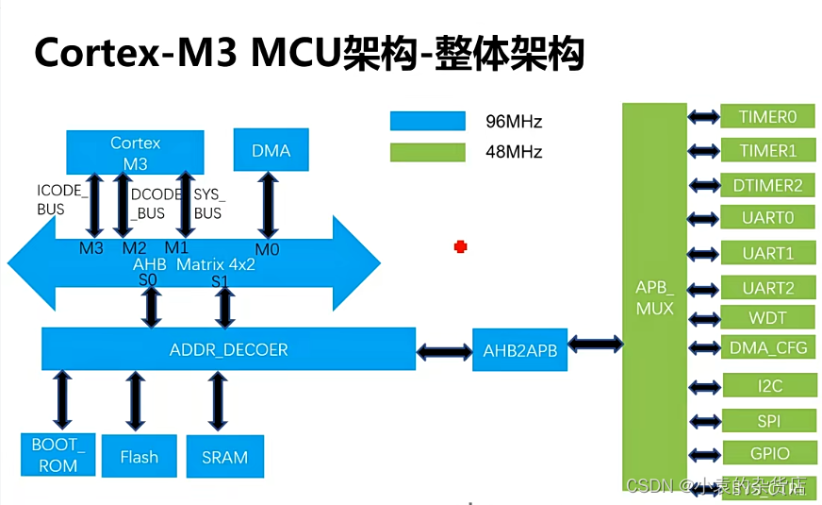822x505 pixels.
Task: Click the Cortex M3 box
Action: (135, 152)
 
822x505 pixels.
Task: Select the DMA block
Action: (271, 151)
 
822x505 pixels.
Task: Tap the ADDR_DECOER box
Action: (228, 349)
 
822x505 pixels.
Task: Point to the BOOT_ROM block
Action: (58, 455)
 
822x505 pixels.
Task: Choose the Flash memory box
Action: (139, 457)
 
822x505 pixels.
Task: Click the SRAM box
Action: (224, 457)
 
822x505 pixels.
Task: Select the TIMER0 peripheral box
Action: (767, 117)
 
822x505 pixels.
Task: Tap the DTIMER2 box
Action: (767, 185)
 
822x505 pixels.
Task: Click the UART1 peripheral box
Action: (767, 253)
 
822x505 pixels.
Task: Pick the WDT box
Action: (767, 317)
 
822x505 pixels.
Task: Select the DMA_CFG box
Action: (767, 347)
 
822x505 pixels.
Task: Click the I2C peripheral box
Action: (767, 386)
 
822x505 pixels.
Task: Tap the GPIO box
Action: (767, 453)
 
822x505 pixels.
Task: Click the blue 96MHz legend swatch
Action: (428, 121)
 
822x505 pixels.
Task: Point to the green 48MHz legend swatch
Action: (428, 152)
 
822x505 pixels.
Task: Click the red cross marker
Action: (460, 246)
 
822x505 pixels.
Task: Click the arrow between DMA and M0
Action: (270, 204)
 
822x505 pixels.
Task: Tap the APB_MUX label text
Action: (654, 297)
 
